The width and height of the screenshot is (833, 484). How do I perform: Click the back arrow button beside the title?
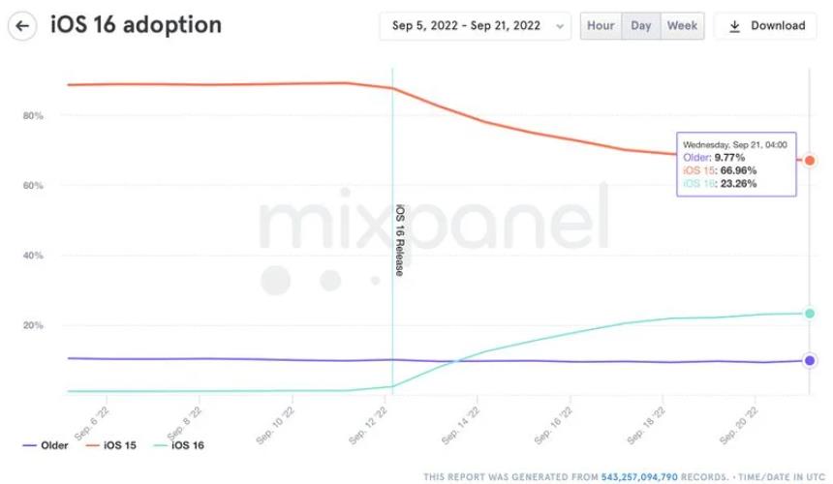coord(22,25)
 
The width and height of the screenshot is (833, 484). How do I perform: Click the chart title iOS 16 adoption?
coord(136,25)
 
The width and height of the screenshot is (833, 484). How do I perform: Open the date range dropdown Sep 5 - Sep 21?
coord(475,26)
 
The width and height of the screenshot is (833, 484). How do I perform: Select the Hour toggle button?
coord(601,26)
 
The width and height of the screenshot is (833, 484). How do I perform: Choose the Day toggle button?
coord(641,26)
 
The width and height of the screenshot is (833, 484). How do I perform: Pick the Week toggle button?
coord(682,26)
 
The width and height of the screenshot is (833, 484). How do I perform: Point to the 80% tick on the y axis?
coord(33,116)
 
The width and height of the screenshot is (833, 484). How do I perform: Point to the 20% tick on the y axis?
coord(33,325)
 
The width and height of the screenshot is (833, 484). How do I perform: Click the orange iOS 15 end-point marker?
coord(810,160)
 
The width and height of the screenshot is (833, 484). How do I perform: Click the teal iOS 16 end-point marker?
coord(810,313)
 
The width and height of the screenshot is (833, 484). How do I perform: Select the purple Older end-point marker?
coord(810,360)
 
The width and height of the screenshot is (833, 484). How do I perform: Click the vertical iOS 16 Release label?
coord(399,240)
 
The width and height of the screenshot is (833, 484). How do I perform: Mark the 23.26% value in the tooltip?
coord(738,183)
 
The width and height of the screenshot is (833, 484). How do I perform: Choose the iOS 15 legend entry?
coord(116,445)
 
